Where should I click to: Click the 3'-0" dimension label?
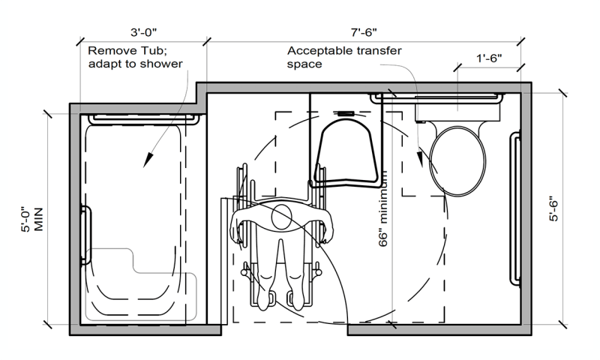[143, 32]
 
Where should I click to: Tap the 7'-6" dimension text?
[364, 32]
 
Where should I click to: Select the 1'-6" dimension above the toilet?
[489, 58]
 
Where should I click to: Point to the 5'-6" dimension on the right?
[553, 209]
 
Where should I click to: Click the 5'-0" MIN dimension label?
[32, 220]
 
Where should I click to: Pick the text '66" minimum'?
[383, 208]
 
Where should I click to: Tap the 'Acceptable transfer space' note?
[344, 57]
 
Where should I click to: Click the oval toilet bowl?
[457, 161]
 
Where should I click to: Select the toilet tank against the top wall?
[457, 109]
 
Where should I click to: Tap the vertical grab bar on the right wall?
[515, 208]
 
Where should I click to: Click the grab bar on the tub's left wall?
[85, 235]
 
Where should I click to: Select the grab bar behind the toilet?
[436, 97]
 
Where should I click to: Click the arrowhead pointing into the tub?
[148, 160]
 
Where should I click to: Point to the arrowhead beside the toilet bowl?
[421, 157]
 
